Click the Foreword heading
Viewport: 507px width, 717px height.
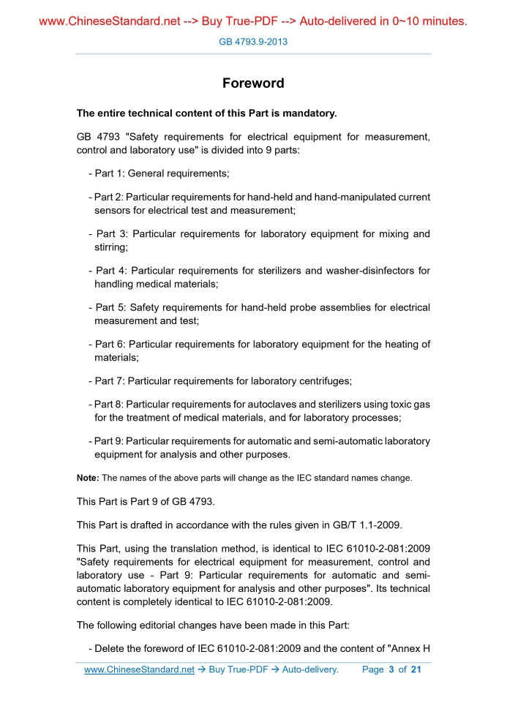pos(253,83)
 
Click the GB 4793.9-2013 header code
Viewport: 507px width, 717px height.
pos(253,42)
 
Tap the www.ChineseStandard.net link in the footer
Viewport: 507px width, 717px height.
pos(139,669)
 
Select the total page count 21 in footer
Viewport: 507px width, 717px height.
pos(416,669)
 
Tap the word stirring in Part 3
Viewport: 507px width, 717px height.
pos(111,248)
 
